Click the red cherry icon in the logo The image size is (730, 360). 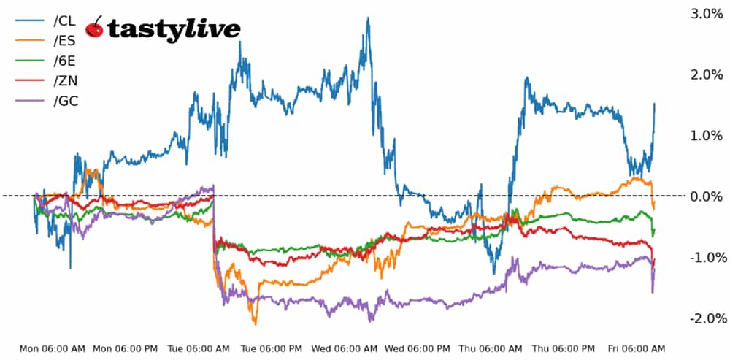click(94, 28)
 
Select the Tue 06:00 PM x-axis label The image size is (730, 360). click(272, 348)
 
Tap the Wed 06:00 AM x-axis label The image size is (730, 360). click(345, 348)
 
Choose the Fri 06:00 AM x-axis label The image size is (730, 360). click(636, 348)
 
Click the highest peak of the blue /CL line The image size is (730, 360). click(367, 18)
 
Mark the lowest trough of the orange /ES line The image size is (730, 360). click(255, 323)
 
